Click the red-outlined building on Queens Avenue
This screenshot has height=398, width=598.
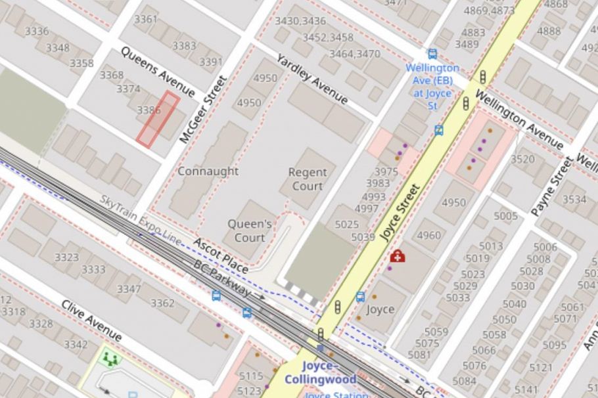[x=158, y=119]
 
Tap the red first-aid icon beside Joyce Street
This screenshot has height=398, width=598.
[x=397, y=255]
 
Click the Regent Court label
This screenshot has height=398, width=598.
[x=307, y=179]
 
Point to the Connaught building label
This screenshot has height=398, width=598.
[x=208, y=171]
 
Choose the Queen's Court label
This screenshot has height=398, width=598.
[x=250, y=231]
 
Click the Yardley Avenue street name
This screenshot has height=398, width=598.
[x=311, y=79]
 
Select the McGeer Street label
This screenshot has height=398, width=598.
[x=203, y=110]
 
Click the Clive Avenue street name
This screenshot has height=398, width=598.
[x=91, y=321]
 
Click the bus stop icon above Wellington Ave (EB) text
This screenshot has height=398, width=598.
[x=432, y=54]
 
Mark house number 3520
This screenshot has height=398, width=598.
[x=522, y=159]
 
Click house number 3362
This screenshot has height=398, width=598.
[x=162, y=303]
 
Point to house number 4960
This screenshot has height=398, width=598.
[x=428, y=235]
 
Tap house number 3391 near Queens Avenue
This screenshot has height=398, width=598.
[x=211, y=62]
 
